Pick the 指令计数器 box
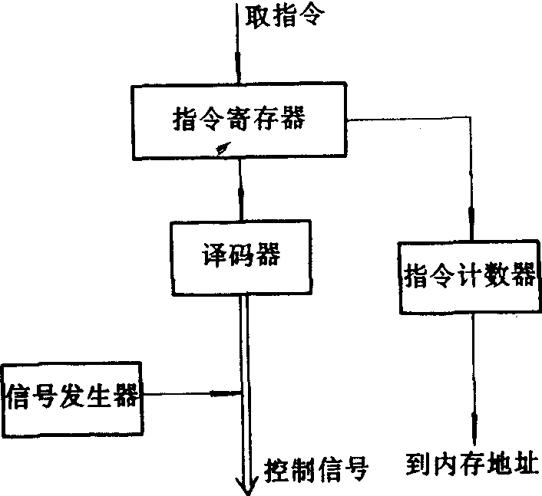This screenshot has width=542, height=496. pyautogui.click(x=468, y=276)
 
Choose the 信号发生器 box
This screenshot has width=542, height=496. pyautogui.click(x=72, y=396)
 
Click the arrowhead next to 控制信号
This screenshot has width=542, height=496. pyautogui.click(x=244, y=485)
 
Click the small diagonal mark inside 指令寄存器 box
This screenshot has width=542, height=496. pyautogui.click(x=222, y=149)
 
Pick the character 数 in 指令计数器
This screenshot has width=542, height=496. pyautogui.click(x=497, y=276)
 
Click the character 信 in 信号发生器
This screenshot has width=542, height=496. pyautogui.click(x=20, y=396)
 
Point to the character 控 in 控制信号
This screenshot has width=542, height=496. pyautogui.click(x=277, y=467)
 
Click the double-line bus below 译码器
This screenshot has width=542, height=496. pyautogui.click(x=244, y=345)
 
